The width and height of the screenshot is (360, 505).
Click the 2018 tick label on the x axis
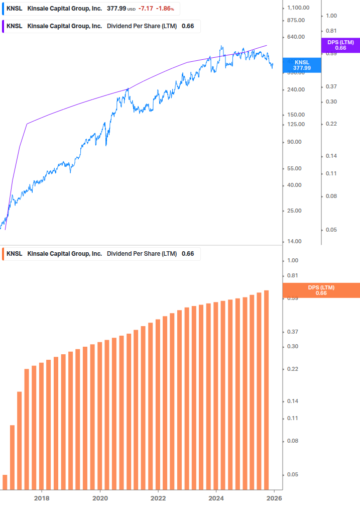[42, 497]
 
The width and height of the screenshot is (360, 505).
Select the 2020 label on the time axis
[100, 497]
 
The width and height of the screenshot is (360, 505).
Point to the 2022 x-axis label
[158, 497]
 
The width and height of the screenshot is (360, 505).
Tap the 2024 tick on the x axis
[216, 497]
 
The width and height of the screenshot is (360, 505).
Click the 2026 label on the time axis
[274, 497]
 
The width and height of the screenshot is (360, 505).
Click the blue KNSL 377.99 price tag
[302, 65]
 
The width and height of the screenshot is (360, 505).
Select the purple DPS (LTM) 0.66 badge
[340, 45]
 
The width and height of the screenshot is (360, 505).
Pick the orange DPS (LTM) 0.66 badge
[321, 290]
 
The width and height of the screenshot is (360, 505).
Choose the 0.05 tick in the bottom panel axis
[293, 474]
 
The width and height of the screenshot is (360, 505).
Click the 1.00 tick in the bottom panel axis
[293, 260]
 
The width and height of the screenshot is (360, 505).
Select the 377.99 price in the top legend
[116, 9]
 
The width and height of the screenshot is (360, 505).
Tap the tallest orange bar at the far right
[267, 389]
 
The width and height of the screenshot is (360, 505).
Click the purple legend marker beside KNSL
[4, 26]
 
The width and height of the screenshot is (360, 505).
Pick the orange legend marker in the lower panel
[4, 254]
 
